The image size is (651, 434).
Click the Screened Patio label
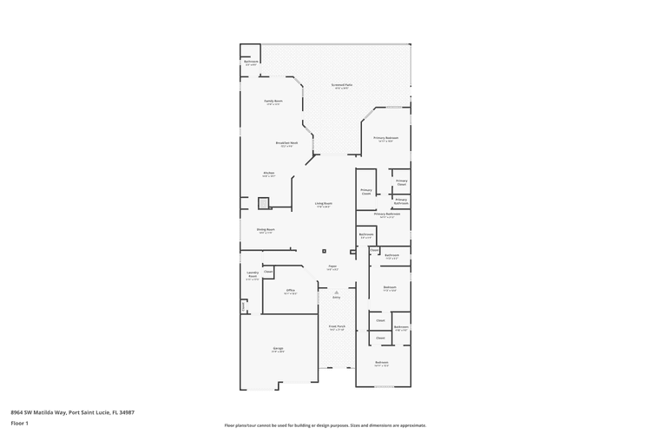(340, 86)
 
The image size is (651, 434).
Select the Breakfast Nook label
(287, 143)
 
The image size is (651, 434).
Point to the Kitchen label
(269, 174)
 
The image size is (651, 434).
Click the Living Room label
(324, 205)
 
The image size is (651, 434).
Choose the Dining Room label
(265, 231)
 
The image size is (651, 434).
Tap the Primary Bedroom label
(386, 138)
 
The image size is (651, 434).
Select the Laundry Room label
(253, 277)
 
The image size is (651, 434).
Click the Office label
(291, 291)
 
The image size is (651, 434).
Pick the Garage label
(278, 349)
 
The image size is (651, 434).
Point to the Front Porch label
(337, 328)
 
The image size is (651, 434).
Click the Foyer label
(332, 267)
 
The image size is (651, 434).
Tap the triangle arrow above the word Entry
(335, 292)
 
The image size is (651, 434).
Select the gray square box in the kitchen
(264, 203)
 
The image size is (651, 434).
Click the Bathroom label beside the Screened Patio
(251, 62)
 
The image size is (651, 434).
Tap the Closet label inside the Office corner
(269, 273)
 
